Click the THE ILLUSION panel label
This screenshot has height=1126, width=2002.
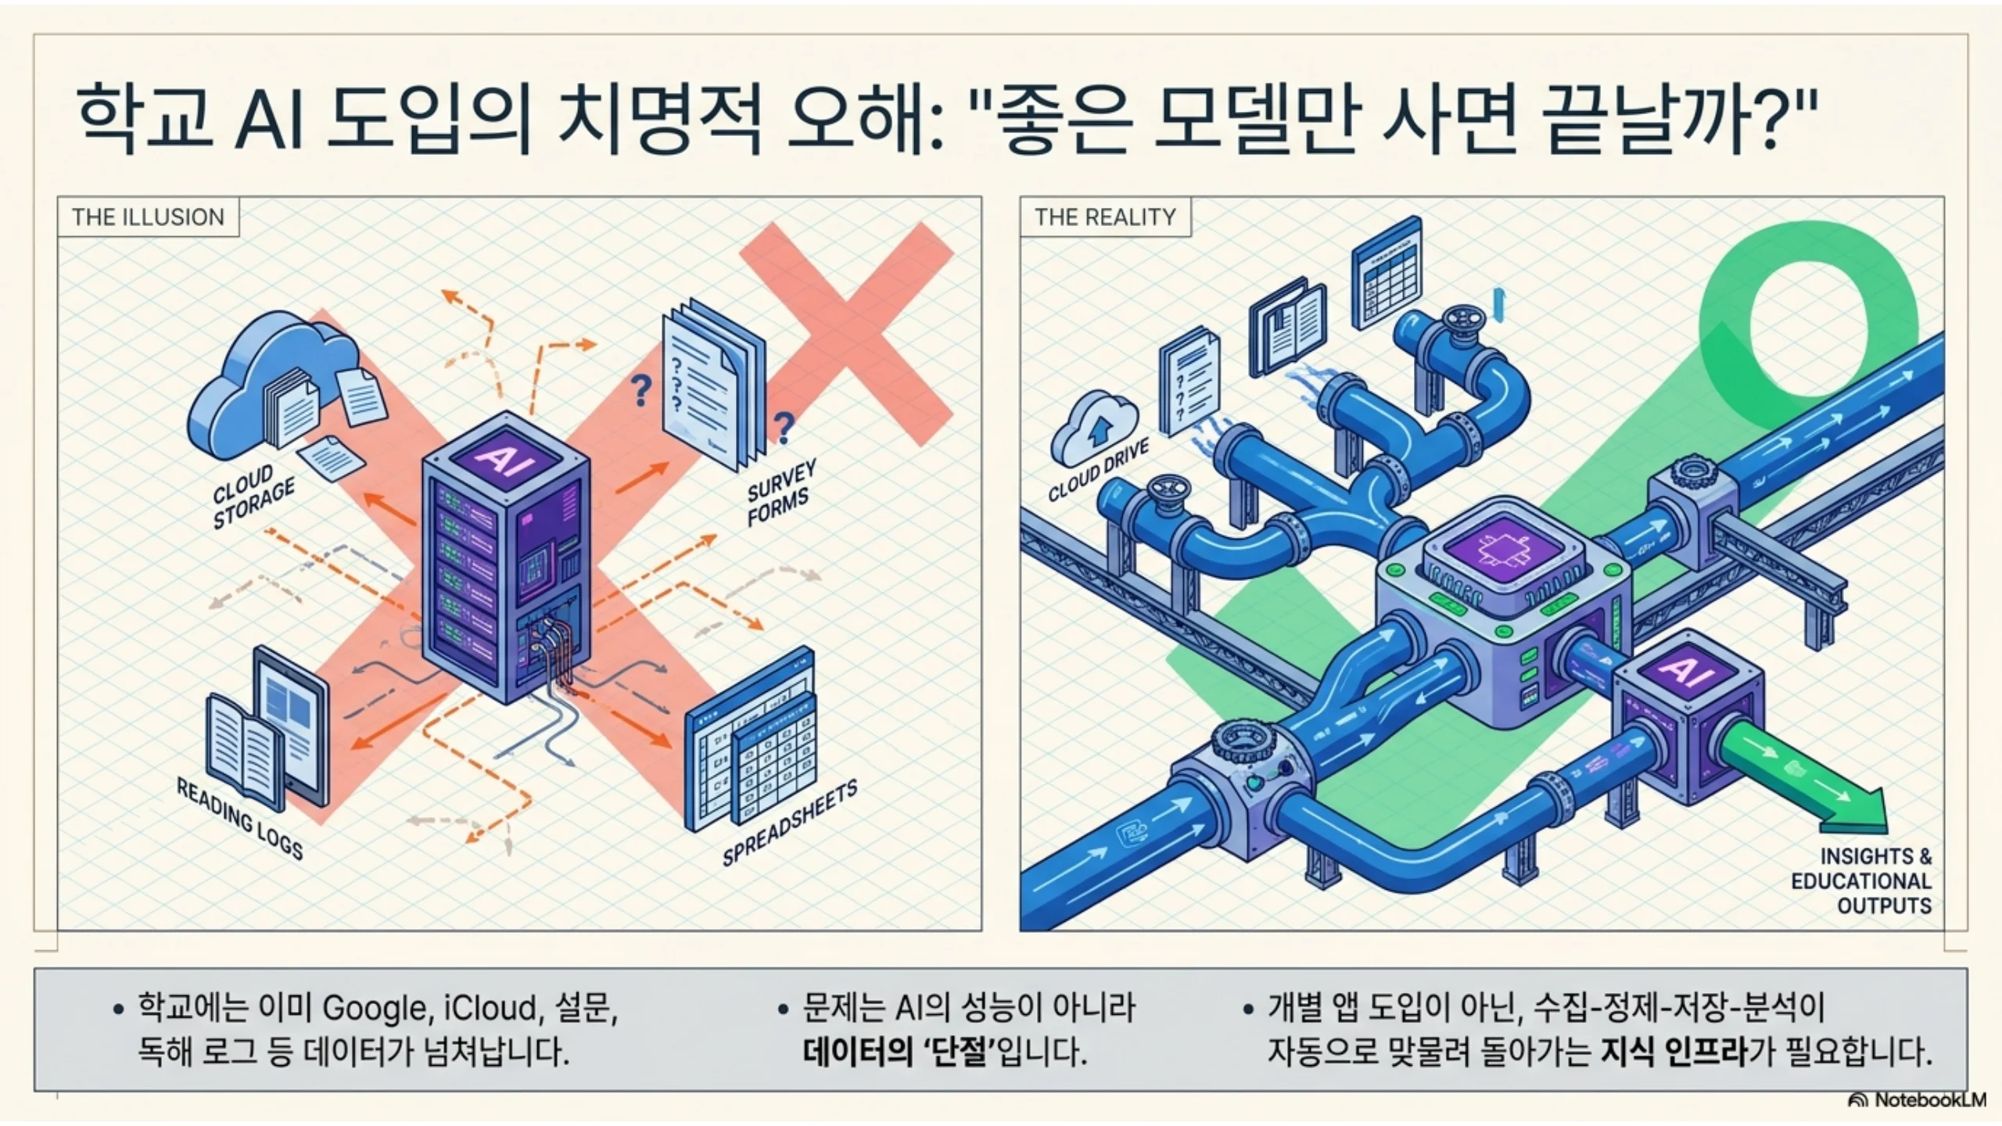point(148,217)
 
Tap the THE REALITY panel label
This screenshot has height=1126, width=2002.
point(1105,217)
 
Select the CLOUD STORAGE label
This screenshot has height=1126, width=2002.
point(253,497)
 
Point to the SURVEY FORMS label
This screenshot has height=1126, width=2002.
point(781,492)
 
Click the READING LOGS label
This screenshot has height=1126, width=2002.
point(239,818)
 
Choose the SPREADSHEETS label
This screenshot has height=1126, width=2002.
point(789,823)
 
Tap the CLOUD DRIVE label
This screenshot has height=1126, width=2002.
point(1098,469)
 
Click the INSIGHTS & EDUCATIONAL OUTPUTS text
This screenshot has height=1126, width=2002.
point(1861,881)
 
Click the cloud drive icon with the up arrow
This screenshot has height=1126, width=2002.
point(1094,429)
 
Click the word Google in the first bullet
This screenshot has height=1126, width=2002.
point(375,1009)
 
